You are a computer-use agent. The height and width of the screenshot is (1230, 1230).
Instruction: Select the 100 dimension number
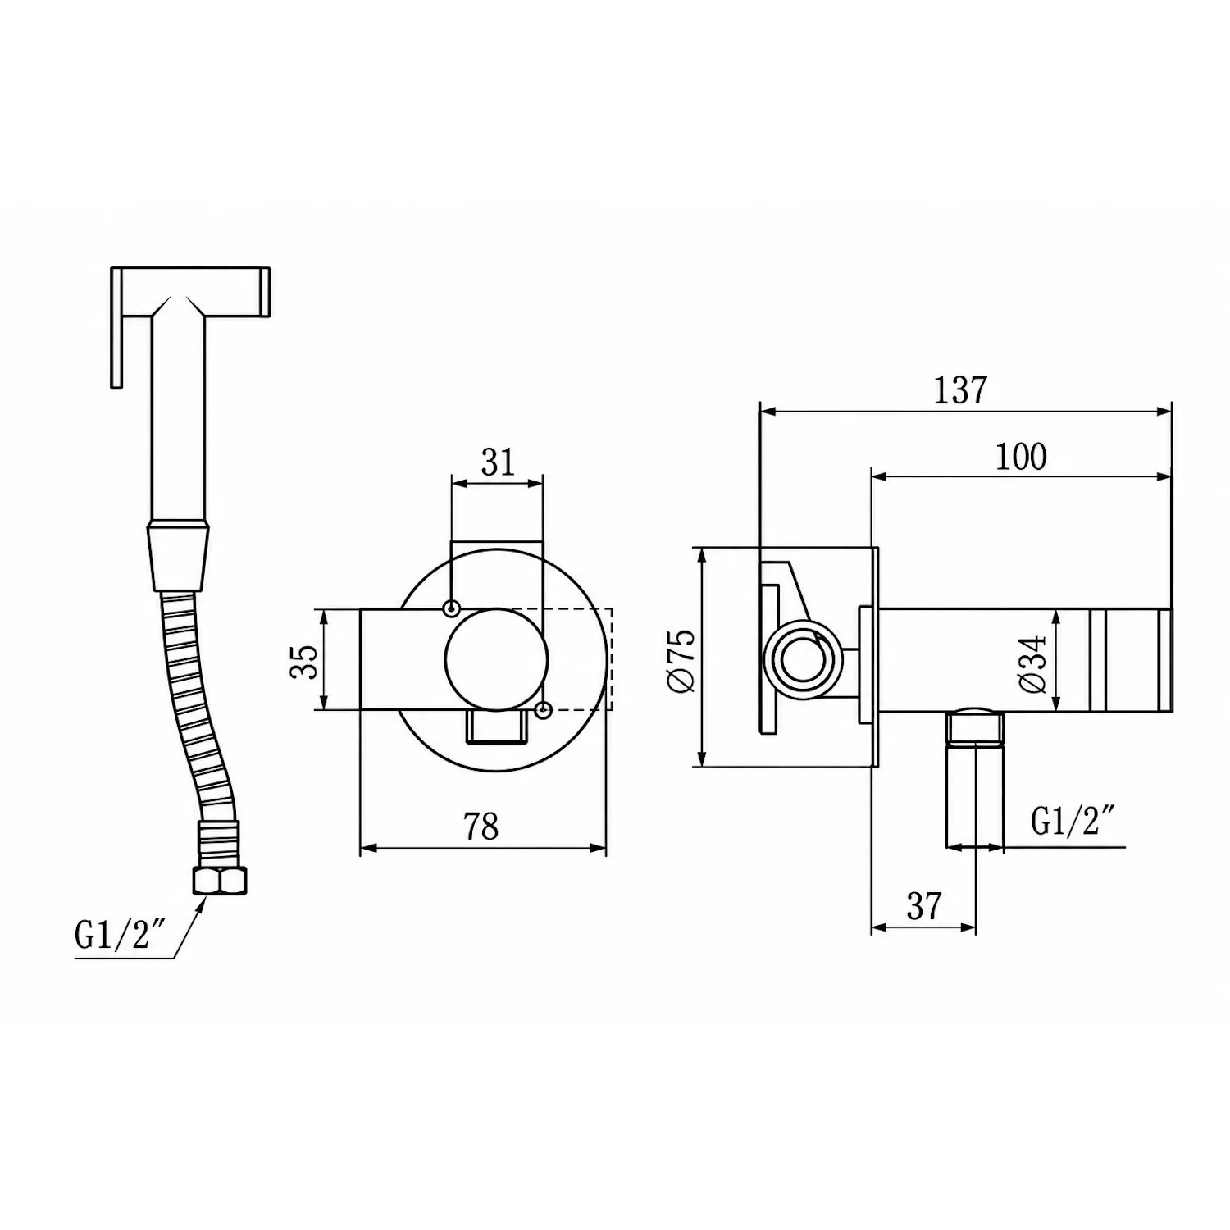(1020, 457)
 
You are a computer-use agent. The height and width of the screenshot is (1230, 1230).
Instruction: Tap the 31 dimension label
(498, 462)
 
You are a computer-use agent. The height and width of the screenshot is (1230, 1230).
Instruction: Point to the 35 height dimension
(303, 661)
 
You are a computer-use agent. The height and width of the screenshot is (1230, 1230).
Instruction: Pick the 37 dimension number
(924, 906)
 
